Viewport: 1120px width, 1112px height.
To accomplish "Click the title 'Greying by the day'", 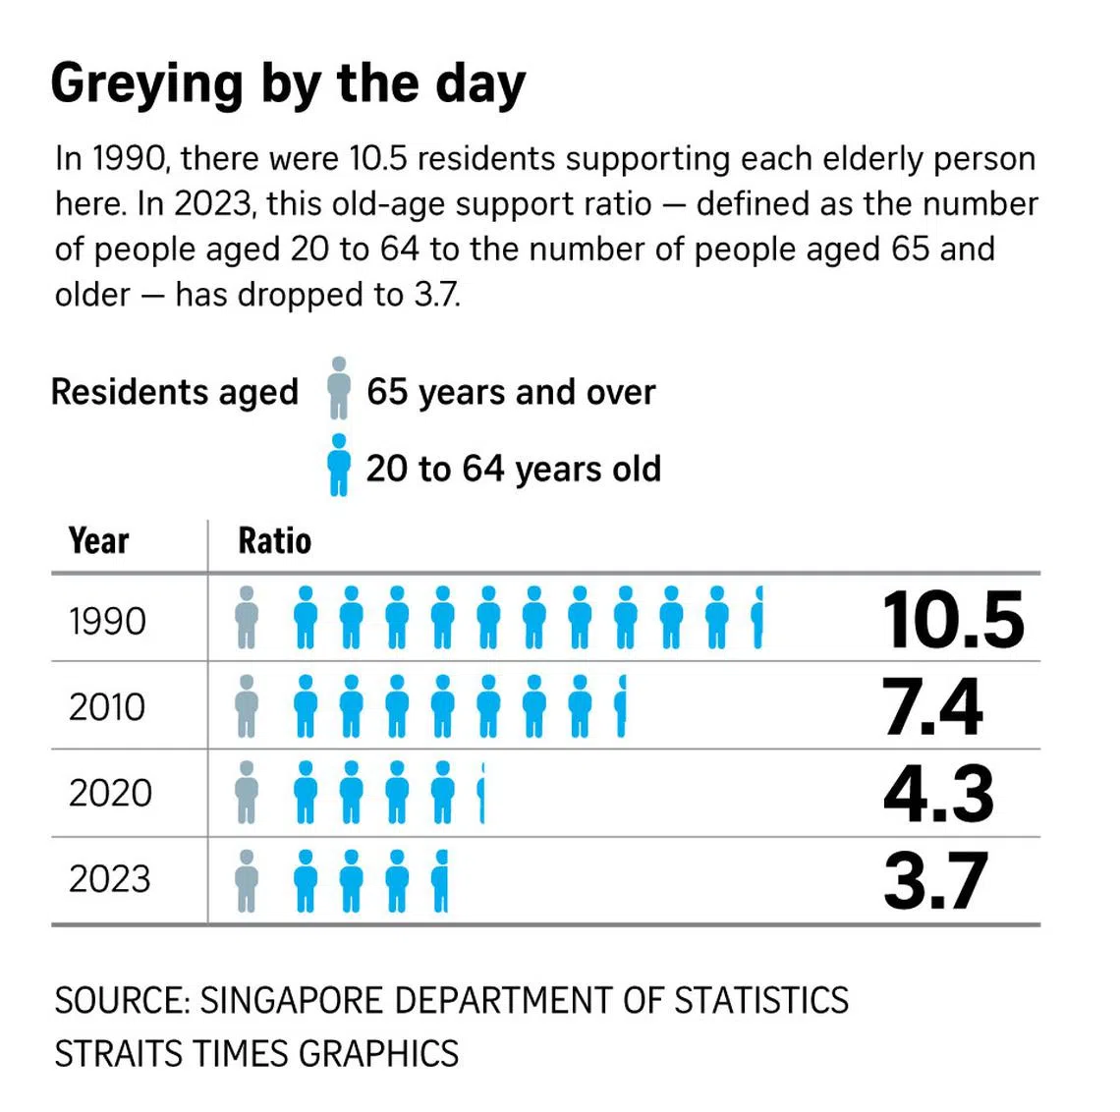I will point(288,84).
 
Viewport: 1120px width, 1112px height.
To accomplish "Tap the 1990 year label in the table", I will point(107,621).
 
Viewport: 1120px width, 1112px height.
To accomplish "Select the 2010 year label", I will point(107,707).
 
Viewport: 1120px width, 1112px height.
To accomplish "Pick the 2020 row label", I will point(110,793).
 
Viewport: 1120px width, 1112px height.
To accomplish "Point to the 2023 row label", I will point(110,879).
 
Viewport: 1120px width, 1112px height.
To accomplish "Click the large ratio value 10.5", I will point(952,621).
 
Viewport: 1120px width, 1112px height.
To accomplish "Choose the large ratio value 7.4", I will point(931,707).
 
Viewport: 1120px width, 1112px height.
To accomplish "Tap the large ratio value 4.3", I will point(937,794).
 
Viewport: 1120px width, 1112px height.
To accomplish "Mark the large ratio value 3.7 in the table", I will point(934,881).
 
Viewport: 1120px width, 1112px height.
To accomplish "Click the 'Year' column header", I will point(98,541).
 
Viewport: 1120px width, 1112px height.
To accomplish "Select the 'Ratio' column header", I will point(274,541).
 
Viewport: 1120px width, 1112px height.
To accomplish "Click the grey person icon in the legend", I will point(339,389).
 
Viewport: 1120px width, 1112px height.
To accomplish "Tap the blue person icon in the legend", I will point(339,465).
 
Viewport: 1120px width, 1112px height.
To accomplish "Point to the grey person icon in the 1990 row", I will point(247,618).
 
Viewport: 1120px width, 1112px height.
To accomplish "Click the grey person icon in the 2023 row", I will point(247,880).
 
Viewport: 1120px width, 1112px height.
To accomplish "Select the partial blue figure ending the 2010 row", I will point(621,705).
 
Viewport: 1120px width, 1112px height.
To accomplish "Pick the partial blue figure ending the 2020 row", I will point(481,792).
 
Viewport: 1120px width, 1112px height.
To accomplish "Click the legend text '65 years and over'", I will point(511,392).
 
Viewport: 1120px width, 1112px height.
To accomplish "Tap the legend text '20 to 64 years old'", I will point(513,469).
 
